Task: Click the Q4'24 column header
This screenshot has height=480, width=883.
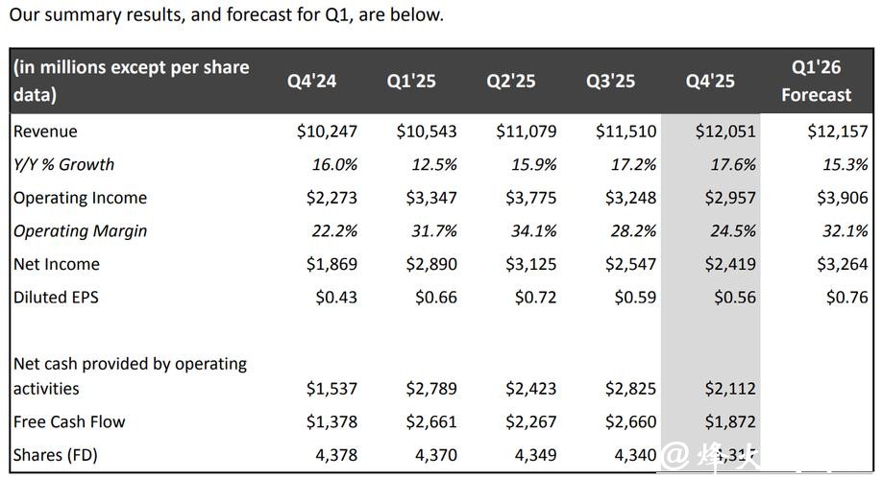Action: coord(312,81)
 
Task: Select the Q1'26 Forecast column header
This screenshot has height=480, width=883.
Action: coord(816,81)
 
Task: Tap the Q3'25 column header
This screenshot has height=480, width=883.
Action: coord(611,81)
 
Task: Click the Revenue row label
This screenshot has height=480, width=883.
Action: coord(45,132)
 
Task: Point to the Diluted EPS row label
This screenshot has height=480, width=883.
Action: coord(56,298)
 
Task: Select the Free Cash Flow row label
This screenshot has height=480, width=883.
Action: coord(69,421)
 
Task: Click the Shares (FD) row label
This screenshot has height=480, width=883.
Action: coord(56,455)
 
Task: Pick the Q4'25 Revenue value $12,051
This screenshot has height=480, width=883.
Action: coord(725,132)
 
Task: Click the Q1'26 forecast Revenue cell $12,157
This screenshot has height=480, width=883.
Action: coord(837,132)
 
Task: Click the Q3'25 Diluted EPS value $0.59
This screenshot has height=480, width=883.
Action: coord(635,298)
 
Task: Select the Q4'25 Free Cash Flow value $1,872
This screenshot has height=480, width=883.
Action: coord(729,421)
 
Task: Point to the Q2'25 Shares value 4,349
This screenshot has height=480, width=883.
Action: coord(535,455)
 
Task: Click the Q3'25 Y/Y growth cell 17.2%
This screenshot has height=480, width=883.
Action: coord(633,165)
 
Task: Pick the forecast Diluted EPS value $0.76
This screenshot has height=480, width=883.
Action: coord(846,298)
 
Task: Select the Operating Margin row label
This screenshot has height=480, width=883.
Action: coord(80,231)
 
